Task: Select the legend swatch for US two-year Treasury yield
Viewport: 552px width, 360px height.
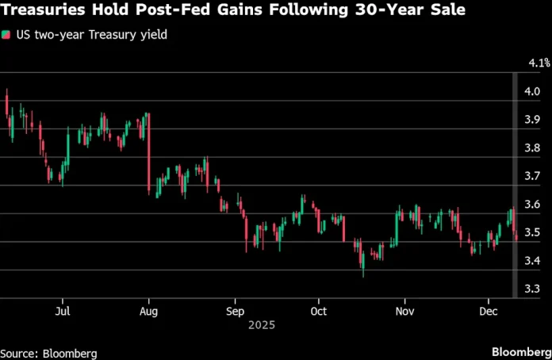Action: tap(6, 35)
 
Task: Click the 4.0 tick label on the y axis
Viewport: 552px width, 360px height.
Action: tap(532, 91)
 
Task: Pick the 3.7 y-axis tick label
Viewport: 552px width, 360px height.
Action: tap(532, 176)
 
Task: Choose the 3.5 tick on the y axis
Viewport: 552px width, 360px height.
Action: tap(532, 233)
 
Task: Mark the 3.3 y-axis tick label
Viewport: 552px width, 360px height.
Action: tap(532, 289)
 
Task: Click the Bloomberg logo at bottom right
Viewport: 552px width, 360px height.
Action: tap(519, 351)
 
